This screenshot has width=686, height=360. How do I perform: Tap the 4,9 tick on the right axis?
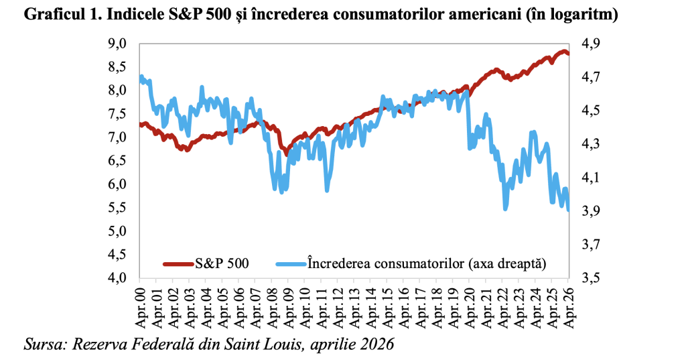pos(590,44)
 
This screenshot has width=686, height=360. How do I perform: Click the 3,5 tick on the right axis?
pos(590,278)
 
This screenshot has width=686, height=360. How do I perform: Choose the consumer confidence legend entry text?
pos(427,263)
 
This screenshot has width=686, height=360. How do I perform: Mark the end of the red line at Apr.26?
pos(569,54)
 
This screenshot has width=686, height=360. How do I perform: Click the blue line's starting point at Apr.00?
pos(140,78)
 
